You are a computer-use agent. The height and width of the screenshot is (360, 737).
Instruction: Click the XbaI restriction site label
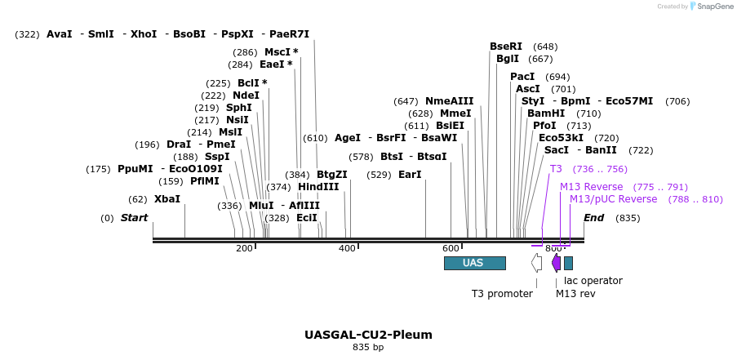click(x=166, y=198)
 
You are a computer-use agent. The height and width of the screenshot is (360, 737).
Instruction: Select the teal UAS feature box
click(x=474, y=263)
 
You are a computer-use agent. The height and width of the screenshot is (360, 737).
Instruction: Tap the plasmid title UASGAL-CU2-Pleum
click(x=368, y=335)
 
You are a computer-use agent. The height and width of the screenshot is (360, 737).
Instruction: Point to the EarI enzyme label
click(x=410, y=175)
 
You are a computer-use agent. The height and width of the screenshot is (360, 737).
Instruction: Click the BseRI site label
click(x=505, y=47)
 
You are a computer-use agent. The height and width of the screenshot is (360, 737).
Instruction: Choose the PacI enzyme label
click(x=522, y=77)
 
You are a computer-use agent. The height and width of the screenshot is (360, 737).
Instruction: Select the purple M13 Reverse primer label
click(x=591, y=187)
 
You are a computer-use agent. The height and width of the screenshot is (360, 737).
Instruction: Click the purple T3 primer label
click(x=556, y=169)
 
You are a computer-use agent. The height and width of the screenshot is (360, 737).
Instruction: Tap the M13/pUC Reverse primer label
click(x=613, y=199)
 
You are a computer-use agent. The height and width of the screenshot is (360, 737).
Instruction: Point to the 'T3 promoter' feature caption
click(x=502, y=293)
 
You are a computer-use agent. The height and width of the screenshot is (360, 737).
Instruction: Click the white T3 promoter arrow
click(x=536, y=262)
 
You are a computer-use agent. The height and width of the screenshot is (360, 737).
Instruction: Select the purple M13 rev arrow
click(x=556, y=262)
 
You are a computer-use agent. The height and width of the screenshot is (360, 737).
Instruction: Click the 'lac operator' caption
click(x=593, y=281)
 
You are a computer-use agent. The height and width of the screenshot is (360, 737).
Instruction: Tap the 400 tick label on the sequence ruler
click(x=347, y=248)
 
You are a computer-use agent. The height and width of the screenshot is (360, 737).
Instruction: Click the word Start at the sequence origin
click(x=135, y=218)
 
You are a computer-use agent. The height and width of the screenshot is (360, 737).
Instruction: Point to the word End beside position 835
click(x=593, y=218)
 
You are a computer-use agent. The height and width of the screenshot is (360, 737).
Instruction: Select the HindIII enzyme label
click(x=318, y=187)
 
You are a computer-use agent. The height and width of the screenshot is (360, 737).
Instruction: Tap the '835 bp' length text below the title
click(x=368, y=348)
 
